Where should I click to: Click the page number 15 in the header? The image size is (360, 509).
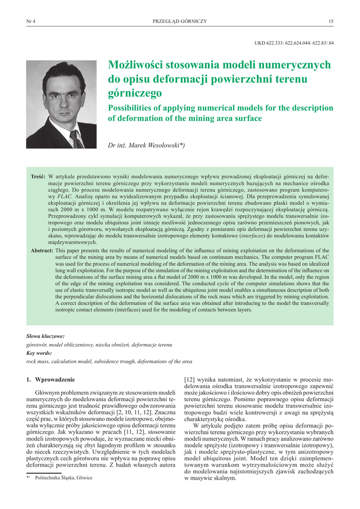331,21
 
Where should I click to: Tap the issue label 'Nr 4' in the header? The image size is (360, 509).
31,21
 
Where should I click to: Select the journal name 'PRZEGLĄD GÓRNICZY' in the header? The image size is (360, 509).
180,21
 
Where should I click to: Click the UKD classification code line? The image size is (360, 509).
294,43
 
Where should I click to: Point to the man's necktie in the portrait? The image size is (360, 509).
76,139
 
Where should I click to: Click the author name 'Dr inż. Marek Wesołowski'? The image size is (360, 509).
146,145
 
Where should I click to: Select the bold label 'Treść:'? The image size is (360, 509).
38,176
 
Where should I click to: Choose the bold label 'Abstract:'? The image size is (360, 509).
42,251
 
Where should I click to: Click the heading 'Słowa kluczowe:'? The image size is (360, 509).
45,337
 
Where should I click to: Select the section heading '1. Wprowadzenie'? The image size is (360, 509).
50,379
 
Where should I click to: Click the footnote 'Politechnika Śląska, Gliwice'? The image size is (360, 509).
64,478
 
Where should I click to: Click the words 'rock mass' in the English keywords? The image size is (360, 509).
36,361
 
